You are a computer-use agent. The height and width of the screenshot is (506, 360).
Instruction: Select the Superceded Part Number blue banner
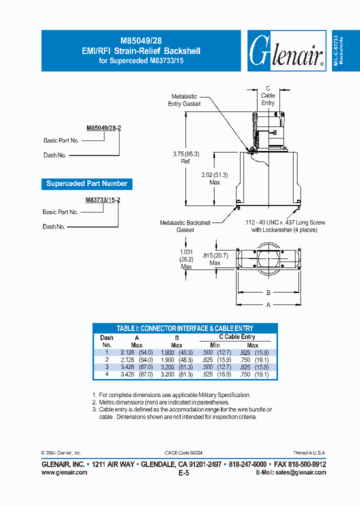coord(86,183)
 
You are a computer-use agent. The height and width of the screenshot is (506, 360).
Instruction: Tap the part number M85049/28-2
coord(103,128)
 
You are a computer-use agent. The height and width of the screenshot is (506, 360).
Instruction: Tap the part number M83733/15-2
coord(103,199)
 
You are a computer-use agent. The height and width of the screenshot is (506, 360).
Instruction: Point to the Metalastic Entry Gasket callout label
coord(184,100)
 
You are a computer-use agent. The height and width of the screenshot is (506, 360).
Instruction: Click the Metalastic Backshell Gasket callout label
coord(185,226)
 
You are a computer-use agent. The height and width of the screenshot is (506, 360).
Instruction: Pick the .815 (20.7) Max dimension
coord(215,258)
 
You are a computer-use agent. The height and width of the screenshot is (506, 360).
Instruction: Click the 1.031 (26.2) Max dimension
coord(186,259)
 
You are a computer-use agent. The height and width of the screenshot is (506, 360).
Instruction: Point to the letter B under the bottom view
coord(268,292)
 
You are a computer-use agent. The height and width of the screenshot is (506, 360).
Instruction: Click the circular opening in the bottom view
coord(268,260)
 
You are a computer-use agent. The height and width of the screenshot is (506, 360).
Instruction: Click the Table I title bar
coord(185,328)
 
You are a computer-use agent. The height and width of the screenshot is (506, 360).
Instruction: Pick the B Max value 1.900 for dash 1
coord(168,352)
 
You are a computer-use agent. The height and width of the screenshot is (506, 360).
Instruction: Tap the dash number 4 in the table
coord(106,374)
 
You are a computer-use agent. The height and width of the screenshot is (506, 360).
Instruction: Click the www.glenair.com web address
coord(64,472)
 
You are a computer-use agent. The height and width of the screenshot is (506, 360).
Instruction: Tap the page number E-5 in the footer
coord(183,473)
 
